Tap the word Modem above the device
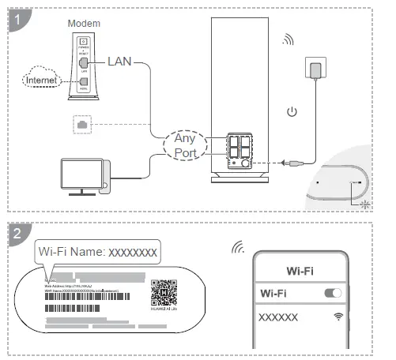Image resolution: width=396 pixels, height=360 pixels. click(85, 24)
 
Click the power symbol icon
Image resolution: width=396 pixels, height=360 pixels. click(292, 111)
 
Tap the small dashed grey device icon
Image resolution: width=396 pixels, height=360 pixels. click(81, 124)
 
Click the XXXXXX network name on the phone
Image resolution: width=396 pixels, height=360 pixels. click(279, 317)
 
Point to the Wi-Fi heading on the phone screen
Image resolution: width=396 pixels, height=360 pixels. click(301, 271)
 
